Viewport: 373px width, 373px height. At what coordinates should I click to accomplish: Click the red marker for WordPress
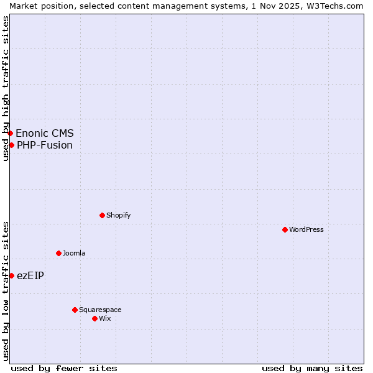[x=285, y=229]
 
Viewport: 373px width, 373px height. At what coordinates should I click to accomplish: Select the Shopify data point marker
[x=102, y=215]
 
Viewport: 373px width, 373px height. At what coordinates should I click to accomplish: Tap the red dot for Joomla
[x=58, y=253]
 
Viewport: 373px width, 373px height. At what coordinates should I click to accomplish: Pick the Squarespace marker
[x=75, y=310]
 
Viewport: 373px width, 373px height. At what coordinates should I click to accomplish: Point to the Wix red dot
[x=94, y=318]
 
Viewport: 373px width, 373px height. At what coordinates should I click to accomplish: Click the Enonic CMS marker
[x=10, y=133]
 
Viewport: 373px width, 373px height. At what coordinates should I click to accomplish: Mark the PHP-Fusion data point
[x=11, y=145]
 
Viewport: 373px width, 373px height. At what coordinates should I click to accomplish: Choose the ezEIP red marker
[x=11, y=275]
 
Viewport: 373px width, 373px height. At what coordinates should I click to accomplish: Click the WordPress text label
[x=306, y=229]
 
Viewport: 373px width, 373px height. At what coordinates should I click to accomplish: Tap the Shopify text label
[x=118, y=215]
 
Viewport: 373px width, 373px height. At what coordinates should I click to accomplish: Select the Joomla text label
[x=74, y=253]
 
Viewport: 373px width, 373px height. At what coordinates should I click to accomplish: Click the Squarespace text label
[x=100, y=310]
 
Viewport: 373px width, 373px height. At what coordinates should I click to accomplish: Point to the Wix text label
[x=104, y=318]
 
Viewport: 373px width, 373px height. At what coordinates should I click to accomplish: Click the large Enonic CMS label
[x=45, y=133]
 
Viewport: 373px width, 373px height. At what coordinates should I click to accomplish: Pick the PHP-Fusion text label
[x=45, y=145]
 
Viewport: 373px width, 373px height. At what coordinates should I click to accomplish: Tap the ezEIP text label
[x=30, y=275]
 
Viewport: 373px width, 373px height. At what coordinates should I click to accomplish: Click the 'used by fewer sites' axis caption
[x=64, y=368]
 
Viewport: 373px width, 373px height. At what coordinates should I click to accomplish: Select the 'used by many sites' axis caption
[x=312, y=368]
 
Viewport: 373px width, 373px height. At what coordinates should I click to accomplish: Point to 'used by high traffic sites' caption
[x=6, y=88]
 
